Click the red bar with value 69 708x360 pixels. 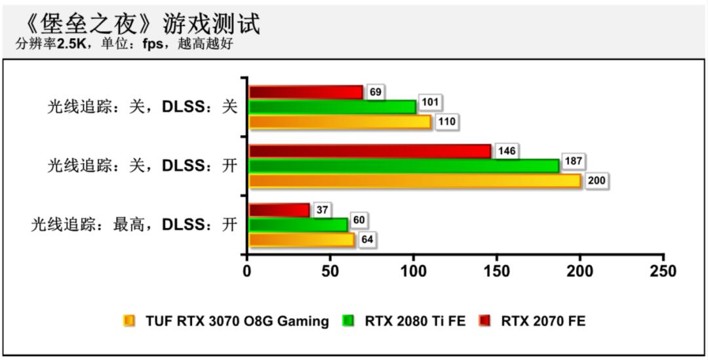(x=305, y=92)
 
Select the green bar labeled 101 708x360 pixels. (x=332, y=107)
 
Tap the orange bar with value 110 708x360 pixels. (x=340, y=122)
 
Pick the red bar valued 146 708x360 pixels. (x=369, y=151)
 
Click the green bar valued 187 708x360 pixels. (x=403, y=166)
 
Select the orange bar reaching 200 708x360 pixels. (x=414, y=181)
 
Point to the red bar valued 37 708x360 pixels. (x=279, y=210)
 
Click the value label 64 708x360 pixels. (x=367, y=240)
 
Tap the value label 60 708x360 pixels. (x=359, y=220)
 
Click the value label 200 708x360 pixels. (x=597, y=181)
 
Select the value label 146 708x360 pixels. (x=507, y=151)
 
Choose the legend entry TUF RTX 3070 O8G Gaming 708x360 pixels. (x=237, y=321)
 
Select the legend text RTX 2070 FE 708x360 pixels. (x=543, y=321)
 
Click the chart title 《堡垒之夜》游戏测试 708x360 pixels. (x=141, y=24)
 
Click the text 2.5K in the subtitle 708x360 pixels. (x=69, y=44)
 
